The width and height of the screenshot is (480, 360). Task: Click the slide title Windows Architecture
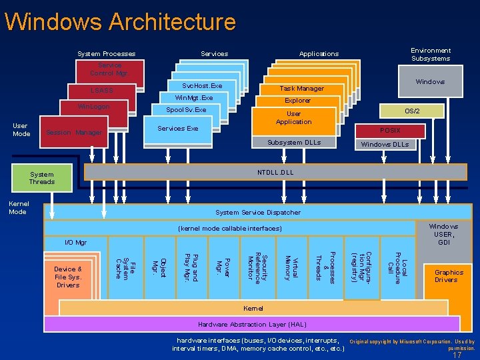pos(120,21)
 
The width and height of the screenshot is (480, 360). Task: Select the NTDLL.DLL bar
pos(275,172)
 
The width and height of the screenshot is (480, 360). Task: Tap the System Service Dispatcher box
pos(257,212)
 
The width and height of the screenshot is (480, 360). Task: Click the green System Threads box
pos(41,178)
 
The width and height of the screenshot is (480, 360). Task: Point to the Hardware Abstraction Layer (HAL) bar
pos(252,324)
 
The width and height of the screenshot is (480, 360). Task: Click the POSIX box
pos(390,131)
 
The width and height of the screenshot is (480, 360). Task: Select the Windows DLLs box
pos(385,144)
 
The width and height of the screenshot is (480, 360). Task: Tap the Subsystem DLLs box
pos(293,143)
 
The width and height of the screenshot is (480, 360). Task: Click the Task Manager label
pos(301,89)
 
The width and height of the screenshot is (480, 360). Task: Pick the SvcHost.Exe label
pos(202,86)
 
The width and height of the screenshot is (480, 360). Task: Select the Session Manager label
pos(74,133)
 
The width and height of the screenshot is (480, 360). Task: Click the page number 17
pos(457,355)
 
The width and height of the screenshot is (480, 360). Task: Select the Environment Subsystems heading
pos(430,55)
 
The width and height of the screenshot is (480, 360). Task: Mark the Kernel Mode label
pos(18,207)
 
